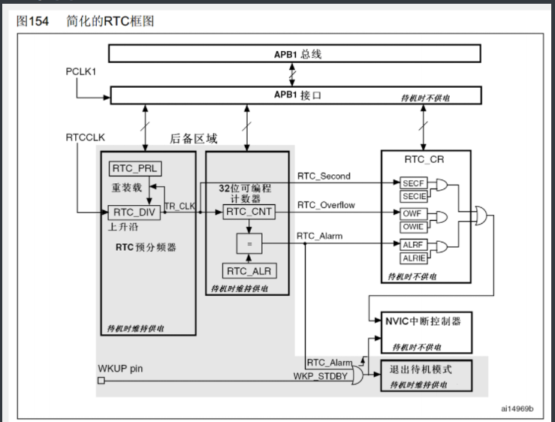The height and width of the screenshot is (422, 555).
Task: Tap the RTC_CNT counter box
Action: [249, 213]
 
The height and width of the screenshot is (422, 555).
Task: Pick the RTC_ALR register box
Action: [249, 270]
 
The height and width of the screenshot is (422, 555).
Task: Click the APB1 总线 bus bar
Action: [294, 54]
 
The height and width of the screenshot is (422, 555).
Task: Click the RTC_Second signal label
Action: [324, 176]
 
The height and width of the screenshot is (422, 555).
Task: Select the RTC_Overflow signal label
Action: [327, 204]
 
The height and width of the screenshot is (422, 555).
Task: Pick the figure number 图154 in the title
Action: [32, 21]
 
